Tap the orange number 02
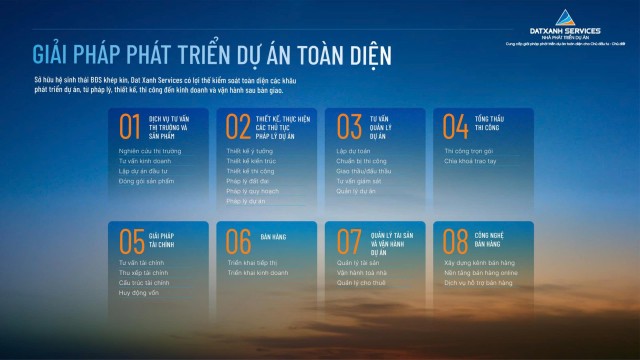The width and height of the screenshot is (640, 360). click(238, 126)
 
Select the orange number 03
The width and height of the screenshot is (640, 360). click(348, 126)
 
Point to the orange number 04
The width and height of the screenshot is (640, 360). click(456, 126)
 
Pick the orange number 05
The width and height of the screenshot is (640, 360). click(131, 241)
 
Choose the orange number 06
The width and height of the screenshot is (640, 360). click(238, 241)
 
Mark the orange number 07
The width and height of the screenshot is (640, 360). click(348, 241)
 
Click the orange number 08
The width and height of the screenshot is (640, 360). click(456, 241)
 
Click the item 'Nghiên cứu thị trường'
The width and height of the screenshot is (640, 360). click(144, 151)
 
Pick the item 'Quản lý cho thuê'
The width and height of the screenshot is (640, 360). click(360, 282)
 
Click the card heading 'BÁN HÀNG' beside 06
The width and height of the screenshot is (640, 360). click(273, 234)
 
